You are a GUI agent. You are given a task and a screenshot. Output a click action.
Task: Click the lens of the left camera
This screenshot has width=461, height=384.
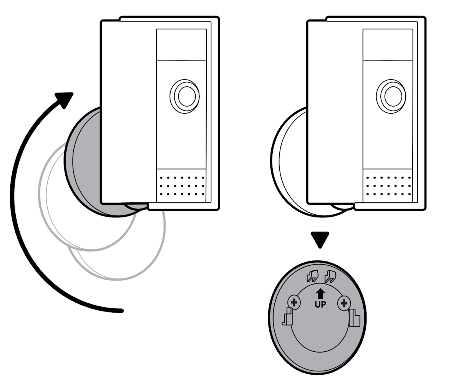[x=185, y=96]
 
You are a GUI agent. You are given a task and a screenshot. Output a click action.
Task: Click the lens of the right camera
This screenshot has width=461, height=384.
[x=391, y=96]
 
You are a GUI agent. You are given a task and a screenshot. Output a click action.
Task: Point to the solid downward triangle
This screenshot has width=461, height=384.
[x=320, y=239]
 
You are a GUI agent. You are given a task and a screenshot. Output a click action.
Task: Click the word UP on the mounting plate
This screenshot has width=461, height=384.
[x=320, y=305]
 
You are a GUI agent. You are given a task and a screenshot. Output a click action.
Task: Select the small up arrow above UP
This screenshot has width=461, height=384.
[x=320, y=294]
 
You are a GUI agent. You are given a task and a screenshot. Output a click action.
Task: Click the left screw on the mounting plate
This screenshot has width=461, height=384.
[x=294, y=303]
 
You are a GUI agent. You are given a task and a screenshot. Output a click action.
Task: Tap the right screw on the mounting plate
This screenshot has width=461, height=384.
[x=344, y=303]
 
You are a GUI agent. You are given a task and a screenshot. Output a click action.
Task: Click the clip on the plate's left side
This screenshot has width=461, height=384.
[x=288, y=317]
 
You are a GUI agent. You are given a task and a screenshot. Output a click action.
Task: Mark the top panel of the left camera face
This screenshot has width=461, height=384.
[x=181, y=45]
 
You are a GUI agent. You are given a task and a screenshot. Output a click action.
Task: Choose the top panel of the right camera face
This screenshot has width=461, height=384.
[x=388, y=45]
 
